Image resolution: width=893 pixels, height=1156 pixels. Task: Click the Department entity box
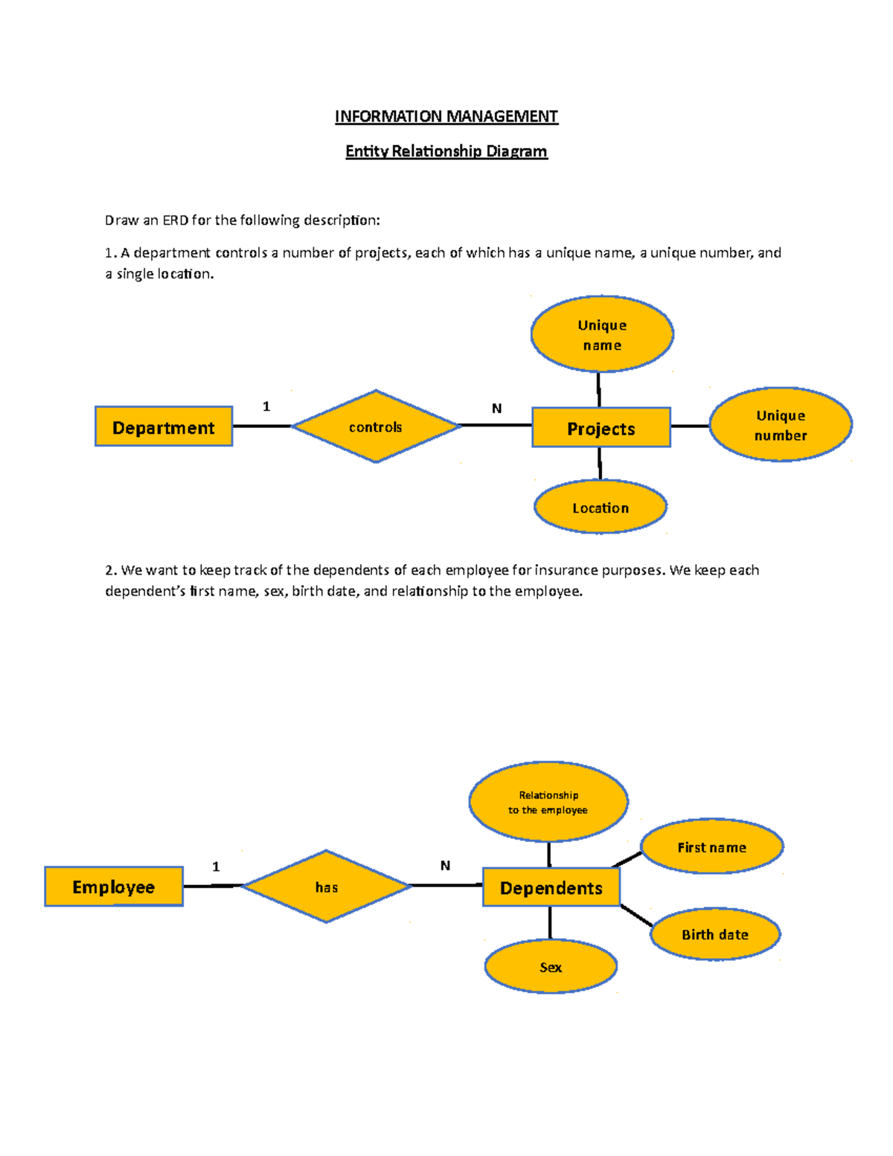[164, 427]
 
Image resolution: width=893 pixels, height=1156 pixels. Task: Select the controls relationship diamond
[376, 427]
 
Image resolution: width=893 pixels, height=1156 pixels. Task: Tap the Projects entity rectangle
[601, 428]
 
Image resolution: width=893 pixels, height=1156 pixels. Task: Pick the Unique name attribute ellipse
[602, 334]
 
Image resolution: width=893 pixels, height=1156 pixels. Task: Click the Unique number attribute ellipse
[781, 424]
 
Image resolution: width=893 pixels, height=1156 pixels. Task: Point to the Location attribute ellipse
[601, 507]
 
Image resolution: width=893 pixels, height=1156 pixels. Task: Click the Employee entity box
[114, 887]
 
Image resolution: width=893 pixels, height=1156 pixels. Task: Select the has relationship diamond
[327, 887]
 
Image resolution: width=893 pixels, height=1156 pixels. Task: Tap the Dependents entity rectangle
[551, 887]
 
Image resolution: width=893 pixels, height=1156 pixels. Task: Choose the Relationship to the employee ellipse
[548, 802]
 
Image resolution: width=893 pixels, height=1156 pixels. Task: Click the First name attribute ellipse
[711, 847]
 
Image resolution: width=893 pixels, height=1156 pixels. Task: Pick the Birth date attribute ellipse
[715, 934]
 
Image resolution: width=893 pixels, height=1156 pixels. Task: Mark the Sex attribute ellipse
[551, 966]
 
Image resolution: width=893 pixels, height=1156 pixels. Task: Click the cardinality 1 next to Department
[266, 406]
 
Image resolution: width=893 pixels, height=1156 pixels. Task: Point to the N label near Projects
[496, 408]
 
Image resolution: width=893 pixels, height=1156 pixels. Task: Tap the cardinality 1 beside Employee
[216, 866]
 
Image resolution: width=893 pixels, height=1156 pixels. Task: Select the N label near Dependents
[445, 866]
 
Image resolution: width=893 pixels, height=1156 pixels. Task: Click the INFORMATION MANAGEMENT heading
[446, 116]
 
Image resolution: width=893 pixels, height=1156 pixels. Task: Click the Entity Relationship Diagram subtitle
[446, 151]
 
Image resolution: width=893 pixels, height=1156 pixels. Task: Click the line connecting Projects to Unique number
[690, 427]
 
